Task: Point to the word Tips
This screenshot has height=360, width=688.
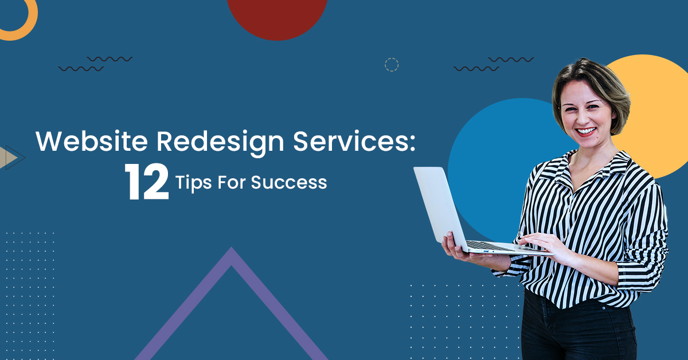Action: coord(193,183)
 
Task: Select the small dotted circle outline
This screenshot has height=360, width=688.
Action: coord(392,65)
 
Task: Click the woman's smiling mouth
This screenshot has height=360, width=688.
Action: coord(586,131)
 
